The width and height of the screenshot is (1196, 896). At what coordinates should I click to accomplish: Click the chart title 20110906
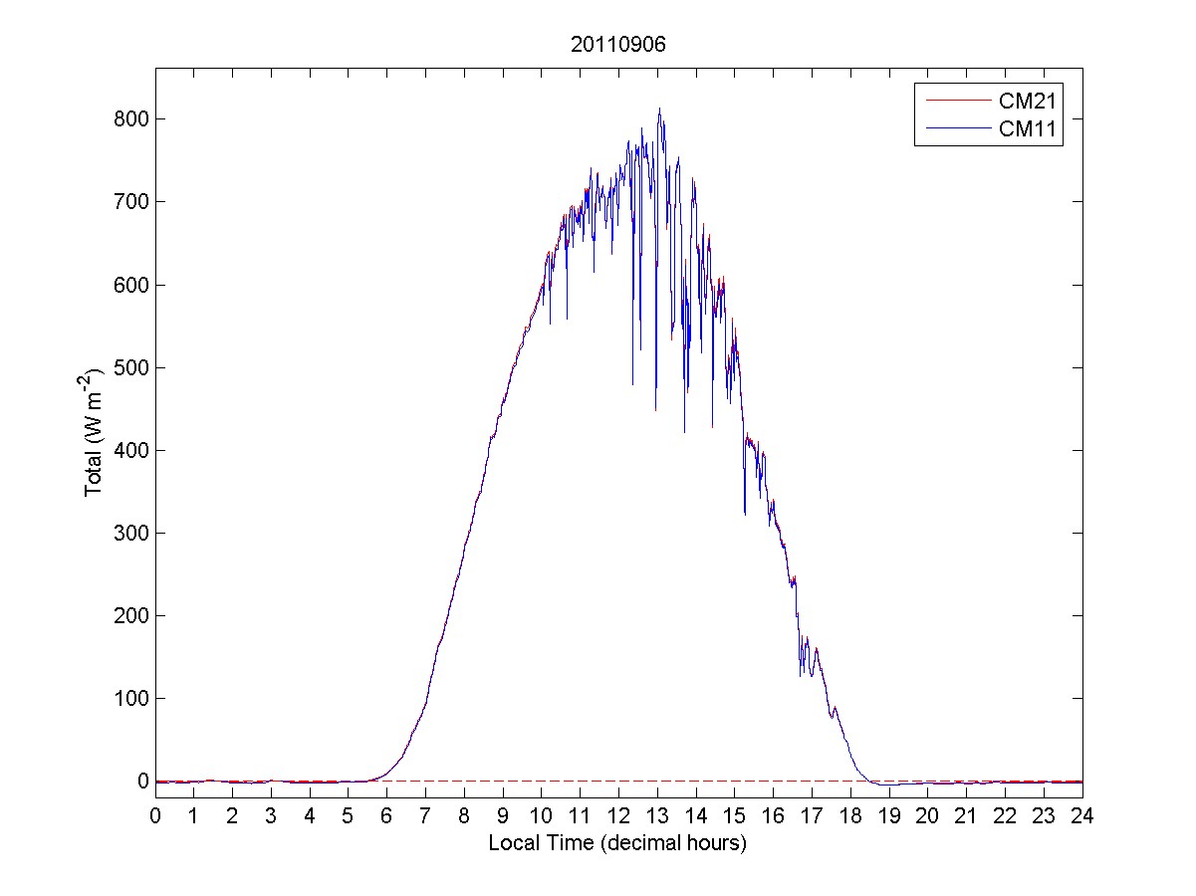(x=618, y=45)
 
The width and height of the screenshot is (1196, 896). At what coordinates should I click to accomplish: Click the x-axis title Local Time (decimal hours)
(x=617, y=843)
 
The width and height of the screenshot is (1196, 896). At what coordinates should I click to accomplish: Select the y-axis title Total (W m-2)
(x=95, y=433)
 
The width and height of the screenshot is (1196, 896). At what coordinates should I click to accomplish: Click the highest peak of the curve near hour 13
(x=659, y=109)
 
